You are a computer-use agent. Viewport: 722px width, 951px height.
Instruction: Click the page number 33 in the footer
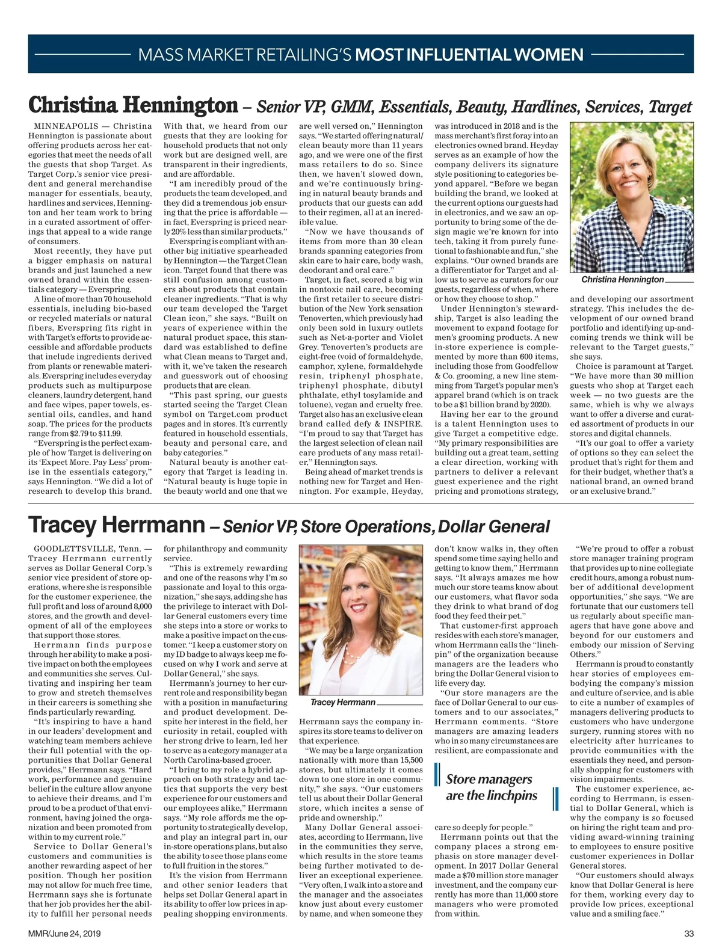(x=689, y=934)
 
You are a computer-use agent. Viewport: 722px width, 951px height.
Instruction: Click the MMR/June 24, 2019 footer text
(x=64, y=934)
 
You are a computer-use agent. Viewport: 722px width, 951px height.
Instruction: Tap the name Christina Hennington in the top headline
(x=133, y=106)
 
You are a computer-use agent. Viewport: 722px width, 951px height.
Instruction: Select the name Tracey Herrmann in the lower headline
(x=116, y=525)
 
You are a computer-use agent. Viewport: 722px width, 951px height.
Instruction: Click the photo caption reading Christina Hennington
(x=622, y=279)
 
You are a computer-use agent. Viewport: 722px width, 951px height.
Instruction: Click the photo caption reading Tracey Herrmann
(x=342, y=702)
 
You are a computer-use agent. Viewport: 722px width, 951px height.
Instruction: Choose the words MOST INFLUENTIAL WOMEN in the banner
(x=469, y=55)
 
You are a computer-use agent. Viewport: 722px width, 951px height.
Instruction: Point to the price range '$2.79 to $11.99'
(x=96, y=433)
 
